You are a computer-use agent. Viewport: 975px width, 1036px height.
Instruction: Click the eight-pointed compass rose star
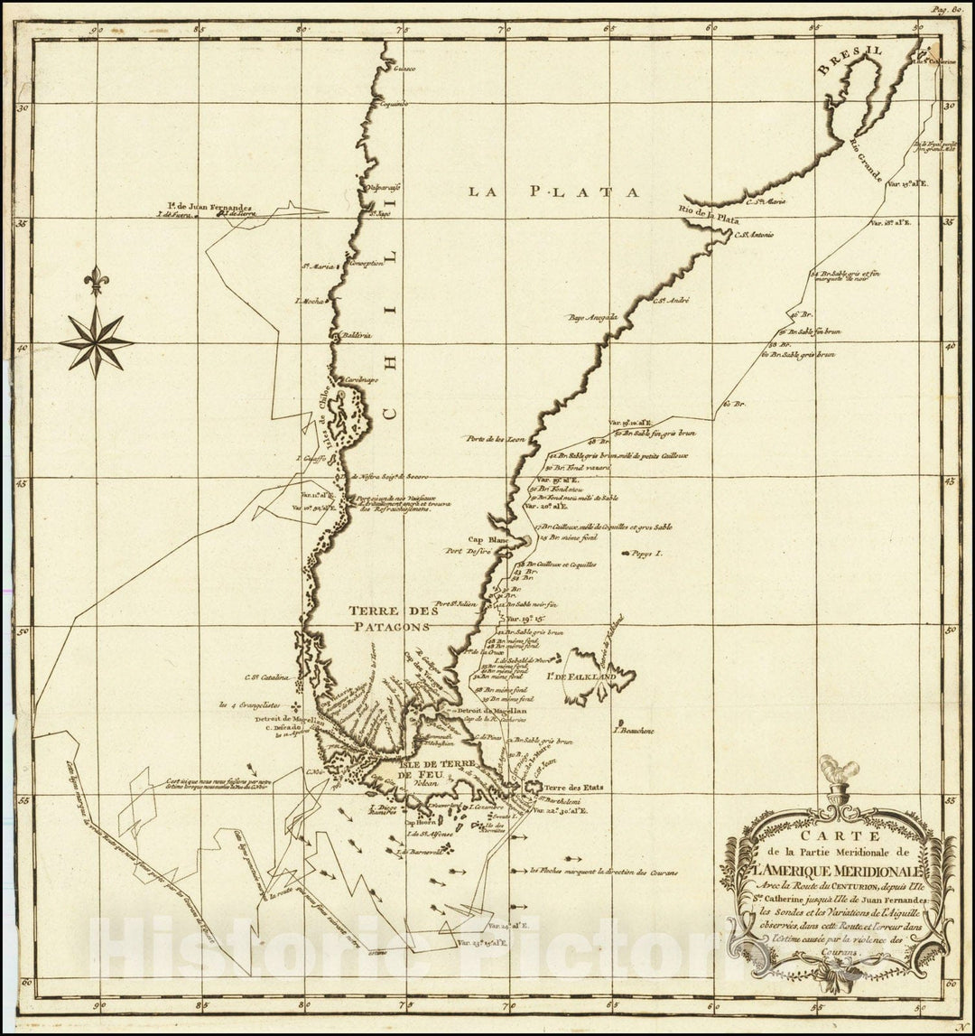96,341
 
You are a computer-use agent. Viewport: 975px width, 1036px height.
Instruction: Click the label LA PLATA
552,191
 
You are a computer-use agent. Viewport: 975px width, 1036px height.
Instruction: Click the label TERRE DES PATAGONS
395,619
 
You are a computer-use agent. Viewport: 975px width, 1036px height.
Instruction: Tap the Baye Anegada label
592,318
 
